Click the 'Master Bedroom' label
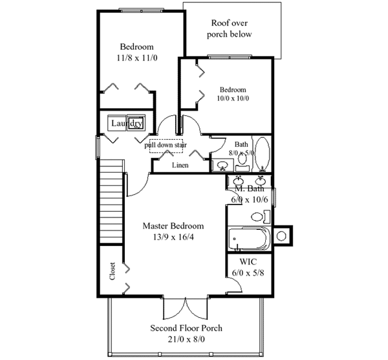click(173, 226)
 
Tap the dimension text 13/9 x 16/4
click(173, 237)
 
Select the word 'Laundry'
click(126, 123)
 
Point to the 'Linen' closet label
click(180, 166)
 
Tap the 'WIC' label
click(248, 262)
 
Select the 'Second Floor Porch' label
click(186, 328)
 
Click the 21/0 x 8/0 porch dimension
click(186, 339)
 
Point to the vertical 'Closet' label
click(113, 272)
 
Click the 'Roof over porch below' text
click(229, 28)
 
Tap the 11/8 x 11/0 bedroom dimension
click(136, 58)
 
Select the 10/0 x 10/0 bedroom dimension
click(233, 98)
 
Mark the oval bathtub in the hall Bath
click(262, 153)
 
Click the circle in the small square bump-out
click(283, 236)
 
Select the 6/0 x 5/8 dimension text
click(248, 273)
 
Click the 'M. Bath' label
click(249, 188)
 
